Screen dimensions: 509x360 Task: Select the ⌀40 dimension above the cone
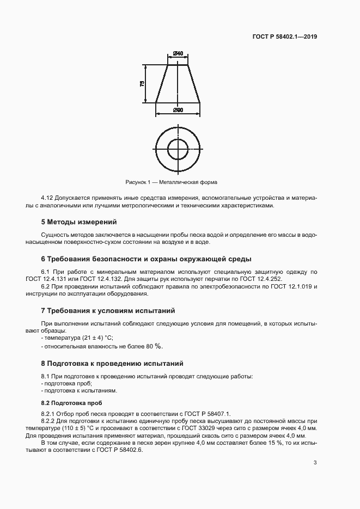click(178, 54)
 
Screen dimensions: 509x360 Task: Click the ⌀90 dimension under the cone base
click(178, 111)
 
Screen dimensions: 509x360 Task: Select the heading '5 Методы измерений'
click(79, 222)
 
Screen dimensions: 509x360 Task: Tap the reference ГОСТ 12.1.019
click(292, 286)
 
